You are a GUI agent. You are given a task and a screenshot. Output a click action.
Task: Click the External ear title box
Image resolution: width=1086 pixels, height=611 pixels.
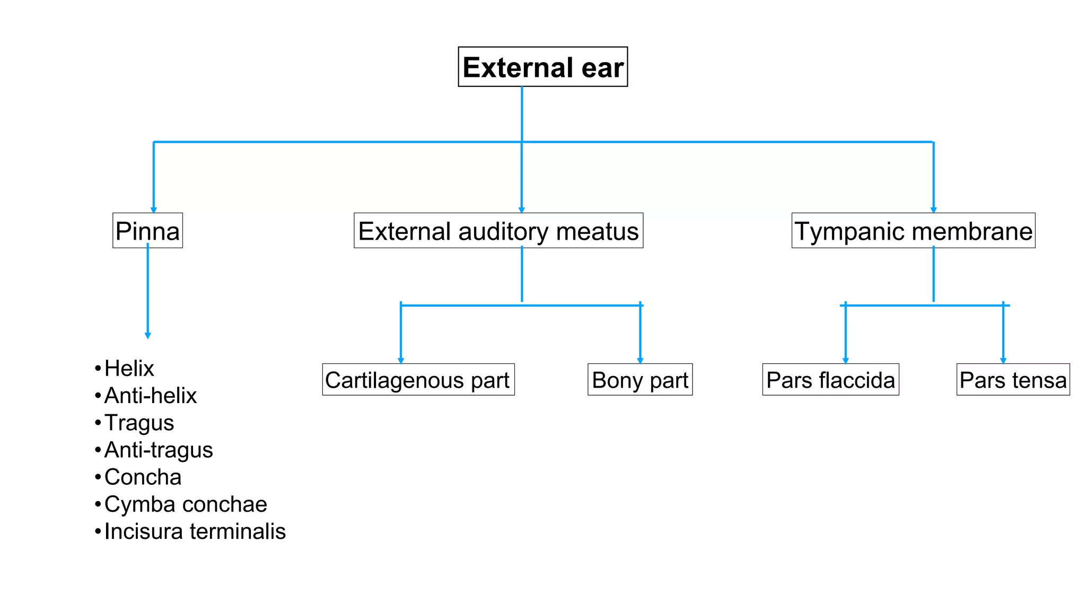[x=542, y=67]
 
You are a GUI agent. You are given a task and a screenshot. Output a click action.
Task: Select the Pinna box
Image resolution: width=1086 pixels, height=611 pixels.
[x=147, y=231]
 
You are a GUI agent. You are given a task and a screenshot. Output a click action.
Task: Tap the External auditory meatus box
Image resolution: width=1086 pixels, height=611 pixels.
[x=498, y=231]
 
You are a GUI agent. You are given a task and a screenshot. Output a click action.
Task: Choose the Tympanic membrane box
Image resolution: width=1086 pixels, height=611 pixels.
[x=913, y=231]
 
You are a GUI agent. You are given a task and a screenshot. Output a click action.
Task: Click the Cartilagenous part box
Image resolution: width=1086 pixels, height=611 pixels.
[x=418, y=380]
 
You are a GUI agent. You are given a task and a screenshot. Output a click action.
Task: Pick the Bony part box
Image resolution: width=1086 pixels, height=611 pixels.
[x=640, y=380]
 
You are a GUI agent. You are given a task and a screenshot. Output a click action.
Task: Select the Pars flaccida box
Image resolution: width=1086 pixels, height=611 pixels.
[x=830, y=380]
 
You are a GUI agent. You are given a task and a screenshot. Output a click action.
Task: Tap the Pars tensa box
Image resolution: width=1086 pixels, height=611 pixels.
[x=1013, y=380]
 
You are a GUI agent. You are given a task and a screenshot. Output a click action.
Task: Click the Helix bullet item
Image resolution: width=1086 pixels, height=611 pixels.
[x=129, y=368]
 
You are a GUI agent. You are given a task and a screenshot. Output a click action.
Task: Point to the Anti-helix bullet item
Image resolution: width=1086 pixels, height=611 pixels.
[x=150, y=395]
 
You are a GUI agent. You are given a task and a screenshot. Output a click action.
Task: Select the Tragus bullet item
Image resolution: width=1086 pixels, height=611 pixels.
[x=139, y=423]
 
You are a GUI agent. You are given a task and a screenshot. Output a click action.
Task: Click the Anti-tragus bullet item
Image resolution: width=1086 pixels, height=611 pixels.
[x=158, y=450]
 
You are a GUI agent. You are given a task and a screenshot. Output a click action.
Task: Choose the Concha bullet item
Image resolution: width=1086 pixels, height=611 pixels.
[x=143, y=477]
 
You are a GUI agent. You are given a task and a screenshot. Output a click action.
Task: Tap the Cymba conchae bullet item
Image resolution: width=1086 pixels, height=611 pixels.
[x=186, y=504]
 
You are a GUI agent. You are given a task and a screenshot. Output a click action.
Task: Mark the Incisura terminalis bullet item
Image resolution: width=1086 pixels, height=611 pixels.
[x=195, y=531]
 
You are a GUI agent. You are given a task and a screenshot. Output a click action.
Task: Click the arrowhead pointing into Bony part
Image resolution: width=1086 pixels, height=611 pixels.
[x=640, y=361]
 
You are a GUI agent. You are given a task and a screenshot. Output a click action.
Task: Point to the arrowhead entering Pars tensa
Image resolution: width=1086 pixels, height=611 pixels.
[x=1003, y=361]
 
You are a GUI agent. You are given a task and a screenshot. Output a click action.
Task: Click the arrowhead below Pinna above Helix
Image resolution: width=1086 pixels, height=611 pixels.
[x=148, y=335]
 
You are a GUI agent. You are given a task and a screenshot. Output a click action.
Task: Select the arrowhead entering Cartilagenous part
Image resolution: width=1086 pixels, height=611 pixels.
[x=401, y=361]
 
